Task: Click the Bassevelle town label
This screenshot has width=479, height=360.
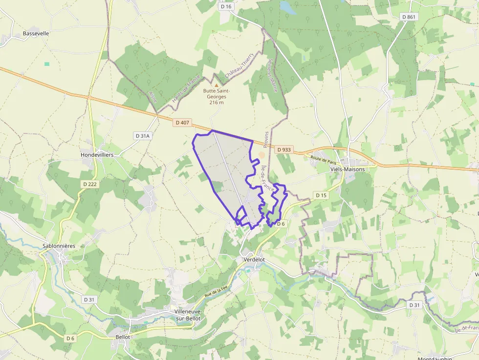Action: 36,34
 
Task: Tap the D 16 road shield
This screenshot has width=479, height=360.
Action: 226,6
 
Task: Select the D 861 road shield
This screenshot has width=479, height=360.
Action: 409,17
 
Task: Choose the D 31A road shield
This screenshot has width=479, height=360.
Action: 142,135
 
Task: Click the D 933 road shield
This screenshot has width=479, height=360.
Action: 283,150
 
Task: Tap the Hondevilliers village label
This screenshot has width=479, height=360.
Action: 97,154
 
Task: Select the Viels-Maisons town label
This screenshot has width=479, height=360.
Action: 348,169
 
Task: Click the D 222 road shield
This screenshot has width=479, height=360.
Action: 89,184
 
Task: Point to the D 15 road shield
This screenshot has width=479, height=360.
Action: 321,195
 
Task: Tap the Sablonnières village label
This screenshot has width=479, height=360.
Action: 59,246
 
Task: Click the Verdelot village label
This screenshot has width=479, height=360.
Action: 254,260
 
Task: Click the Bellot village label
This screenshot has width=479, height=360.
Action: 123,337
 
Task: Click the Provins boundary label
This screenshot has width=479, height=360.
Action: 266,139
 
